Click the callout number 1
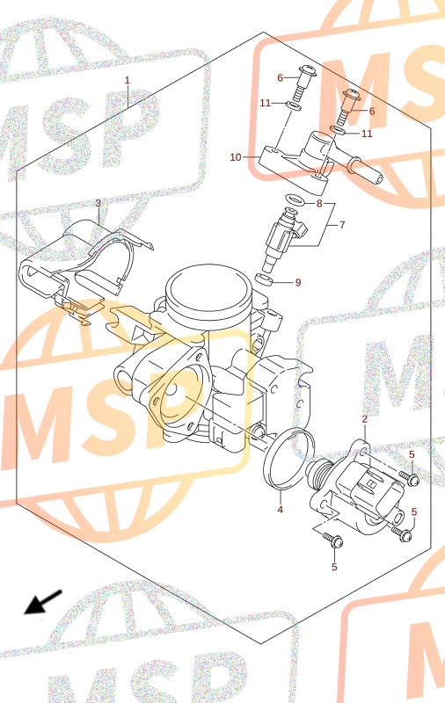(127, 80)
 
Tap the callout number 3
(98, 204)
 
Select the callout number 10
(236, 157)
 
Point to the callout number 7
(342, 225)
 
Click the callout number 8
(319, 204)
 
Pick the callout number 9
(298, 283)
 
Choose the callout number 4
(280, 510)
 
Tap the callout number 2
(365, 419)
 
